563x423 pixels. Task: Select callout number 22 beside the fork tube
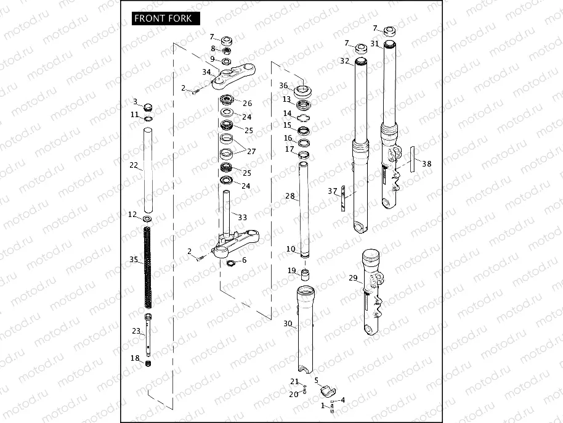[x=134, y=165]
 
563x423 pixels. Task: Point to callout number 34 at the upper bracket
[x=206, y=72]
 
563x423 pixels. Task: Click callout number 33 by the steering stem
[x=242, y=217]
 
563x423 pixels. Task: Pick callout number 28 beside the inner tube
[x=290, y=195]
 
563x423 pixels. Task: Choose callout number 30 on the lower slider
[x=288, y=324]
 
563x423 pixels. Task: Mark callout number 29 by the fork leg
[x=353, y=278]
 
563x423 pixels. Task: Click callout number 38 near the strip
[x=427, y=164]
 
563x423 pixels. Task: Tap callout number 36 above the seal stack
[x=283, y=85]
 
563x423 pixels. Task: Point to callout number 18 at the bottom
[x=135, y=358]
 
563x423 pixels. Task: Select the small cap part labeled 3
[x=148, y=105]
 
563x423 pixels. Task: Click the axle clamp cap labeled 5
[x=327, y=390]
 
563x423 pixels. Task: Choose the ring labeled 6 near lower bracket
[x=231, y=264]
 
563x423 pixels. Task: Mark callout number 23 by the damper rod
[x=136, y=331]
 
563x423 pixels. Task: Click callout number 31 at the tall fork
[x=375, y=43]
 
